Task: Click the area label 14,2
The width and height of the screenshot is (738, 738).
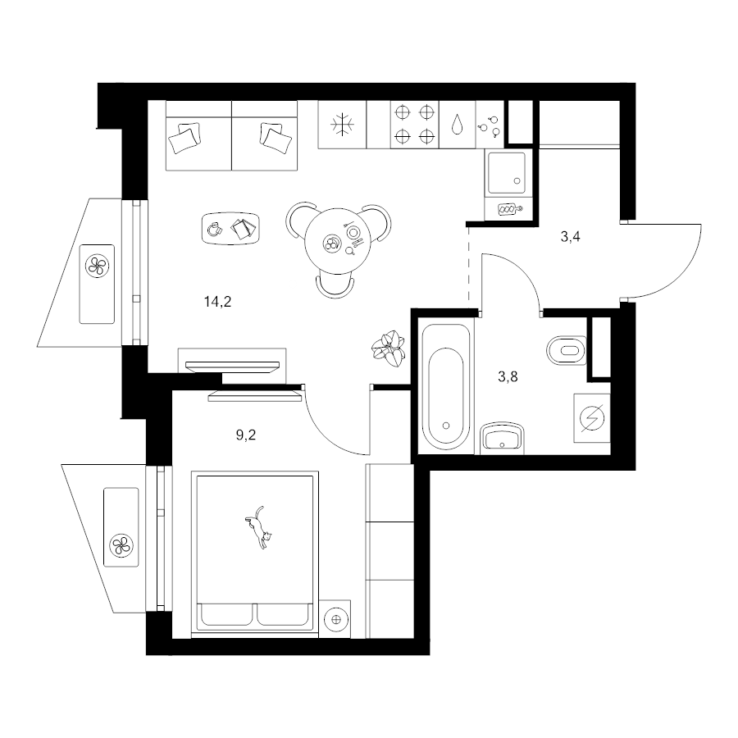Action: tap(217, 302)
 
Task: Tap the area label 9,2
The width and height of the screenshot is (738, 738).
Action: tap(246, 435)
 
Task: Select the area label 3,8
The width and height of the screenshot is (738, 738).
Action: tap(508, 376)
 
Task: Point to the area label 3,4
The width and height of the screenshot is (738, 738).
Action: tap(570, 237)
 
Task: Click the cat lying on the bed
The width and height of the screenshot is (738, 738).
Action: tap(258, 527)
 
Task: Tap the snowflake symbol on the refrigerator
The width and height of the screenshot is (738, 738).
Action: tap(342, 125)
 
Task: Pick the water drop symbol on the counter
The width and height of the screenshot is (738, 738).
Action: tap(457, 125)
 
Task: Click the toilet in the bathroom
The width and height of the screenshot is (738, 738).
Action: tap(566, 350)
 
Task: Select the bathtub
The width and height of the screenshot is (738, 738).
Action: tap(446, 386)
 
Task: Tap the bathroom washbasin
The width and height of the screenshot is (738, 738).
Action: tap(502, 439)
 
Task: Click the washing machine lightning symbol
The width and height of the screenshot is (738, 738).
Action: tap(592, 418)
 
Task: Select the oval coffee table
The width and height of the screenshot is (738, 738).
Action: tap(231, 228)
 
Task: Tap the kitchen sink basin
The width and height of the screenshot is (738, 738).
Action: tap(507, 173)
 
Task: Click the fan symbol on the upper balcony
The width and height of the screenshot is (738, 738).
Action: tap(97, 266)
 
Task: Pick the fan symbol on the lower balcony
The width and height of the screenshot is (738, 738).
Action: tap(121, 545)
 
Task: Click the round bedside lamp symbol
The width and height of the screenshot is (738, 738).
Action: tap(335, 619)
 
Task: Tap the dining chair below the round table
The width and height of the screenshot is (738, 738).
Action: tap(335, 285)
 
